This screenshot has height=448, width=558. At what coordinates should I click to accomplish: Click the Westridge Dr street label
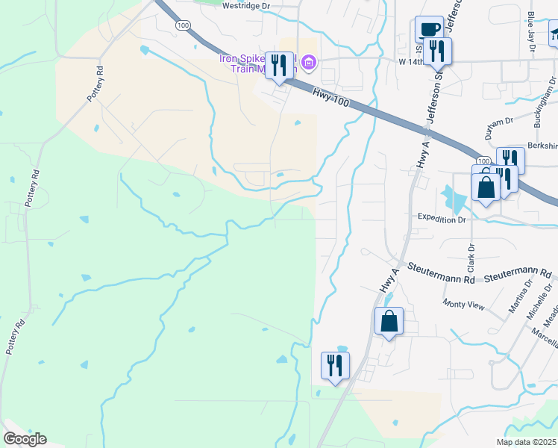[246, 6]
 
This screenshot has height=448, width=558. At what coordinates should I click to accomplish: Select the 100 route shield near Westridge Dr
[183, 25]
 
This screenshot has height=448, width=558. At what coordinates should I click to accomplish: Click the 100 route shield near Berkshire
[483, 161]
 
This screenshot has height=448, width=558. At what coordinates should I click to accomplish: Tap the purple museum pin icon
[308, 64]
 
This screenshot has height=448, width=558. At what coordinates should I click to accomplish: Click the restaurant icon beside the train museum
[280, 66]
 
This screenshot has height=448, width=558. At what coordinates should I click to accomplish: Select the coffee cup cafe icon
[428, 30]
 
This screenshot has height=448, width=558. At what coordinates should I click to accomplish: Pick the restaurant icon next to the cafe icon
[438, 51]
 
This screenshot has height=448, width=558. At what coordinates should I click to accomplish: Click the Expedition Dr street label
[442, 220]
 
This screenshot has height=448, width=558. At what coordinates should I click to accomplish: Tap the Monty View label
[463, 305]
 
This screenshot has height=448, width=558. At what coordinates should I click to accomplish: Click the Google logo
[25, 439]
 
